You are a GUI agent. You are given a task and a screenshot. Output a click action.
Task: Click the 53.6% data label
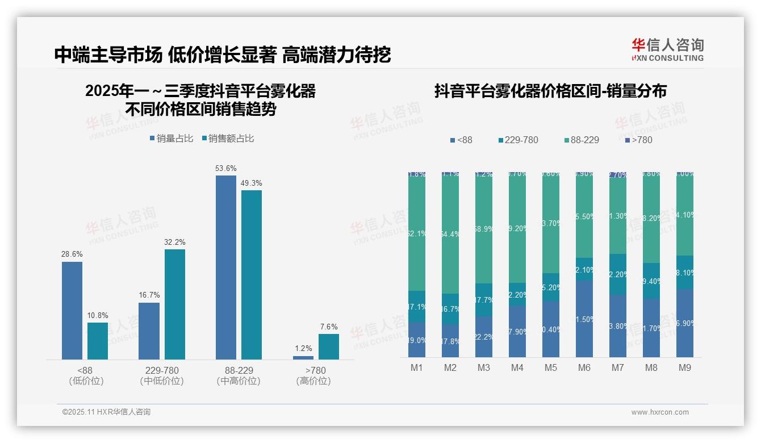[226, 169]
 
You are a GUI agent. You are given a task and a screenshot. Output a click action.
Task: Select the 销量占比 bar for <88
[72, 310]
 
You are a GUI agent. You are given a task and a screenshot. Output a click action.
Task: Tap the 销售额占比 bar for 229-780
[175, 304]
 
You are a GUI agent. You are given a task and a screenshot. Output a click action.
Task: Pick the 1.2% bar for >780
[303, 357]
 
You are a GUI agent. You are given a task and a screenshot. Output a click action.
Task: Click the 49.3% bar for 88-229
[252, 274]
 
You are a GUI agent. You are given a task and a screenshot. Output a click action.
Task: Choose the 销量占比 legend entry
[172, 139]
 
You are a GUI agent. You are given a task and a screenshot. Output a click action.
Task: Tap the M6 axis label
[584, 367]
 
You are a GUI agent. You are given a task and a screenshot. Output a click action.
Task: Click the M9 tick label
[685, 367]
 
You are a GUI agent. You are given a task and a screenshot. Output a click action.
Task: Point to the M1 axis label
[417, 367]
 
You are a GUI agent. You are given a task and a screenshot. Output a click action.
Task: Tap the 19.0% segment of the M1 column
[417, 340]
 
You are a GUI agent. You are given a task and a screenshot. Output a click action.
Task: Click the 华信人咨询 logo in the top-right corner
[667, 50]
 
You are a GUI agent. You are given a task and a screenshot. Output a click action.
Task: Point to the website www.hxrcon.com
[660, 412]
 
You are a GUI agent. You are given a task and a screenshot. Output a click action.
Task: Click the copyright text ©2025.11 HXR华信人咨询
[106, 412]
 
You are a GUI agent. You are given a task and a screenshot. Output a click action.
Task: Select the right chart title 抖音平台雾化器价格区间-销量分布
[550, 91]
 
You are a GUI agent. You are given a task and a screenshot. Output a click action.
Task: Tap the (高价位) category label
[313, 381]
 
